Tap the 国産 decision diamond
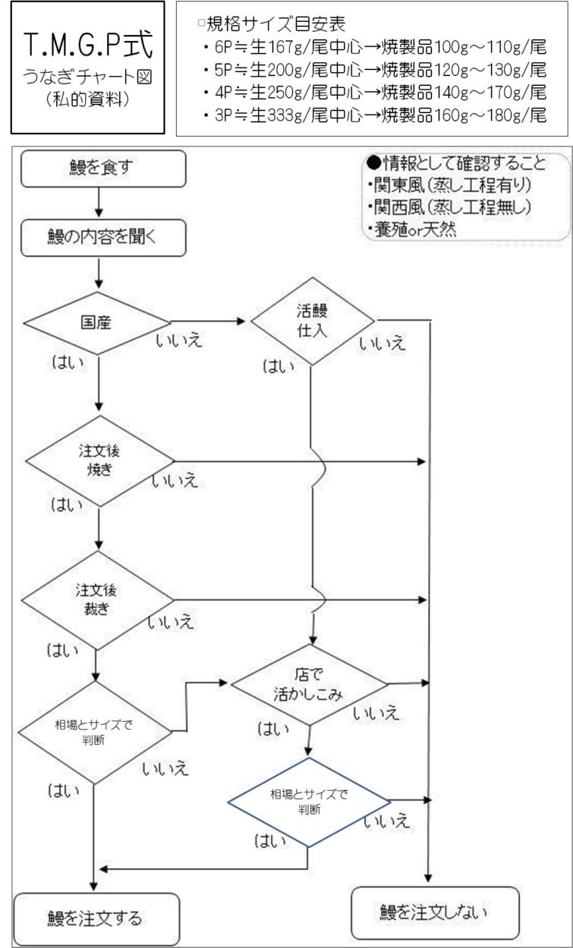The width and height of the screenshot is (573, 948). [96, 322]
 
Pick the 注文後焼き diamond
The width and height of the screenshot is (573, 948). [99, 460]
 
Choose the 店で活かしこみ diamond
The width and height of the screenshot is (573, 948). [308, 683]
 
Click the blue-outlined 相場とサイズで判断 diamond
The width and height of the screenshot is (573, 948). [309, 802]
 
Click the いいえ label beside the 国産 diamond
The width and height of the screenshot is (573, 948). [179, 341]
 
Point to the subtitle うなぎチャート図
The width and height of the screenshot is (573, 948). [87, 77]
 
